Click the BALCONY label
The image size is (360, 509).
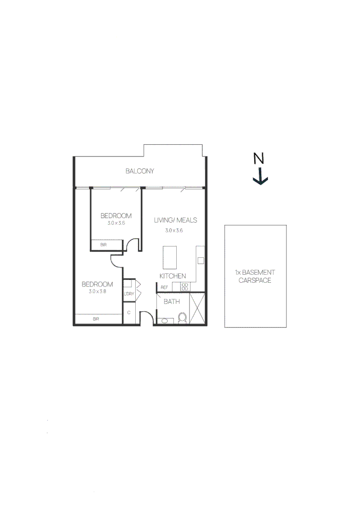coord(139,171)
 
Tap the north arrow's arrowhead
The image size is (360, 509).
coord(260,181)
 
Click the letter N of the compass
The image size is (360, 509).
coord(258,159)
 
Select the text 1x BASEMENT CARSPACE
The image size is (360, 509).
coord(255,276)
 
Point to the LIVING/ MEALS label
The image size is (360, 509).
coord(175,220)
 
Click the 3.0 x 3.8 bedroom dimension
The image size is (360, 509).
coord(97,292)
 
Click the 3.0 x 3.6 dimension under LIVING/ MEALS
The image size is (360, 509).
coord(173,230)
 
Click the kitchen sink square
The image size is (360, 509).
coord(200,261)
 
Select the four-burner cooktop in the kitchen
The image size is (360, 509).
coord(185,287)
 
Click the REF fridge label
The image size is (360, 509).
coord(164,287)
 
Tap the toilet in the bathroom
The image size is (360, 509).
coord(183,318)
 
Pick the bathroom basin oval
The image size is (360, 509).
coord(164,321)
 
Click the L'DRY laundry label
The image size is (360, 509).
coord(129,294)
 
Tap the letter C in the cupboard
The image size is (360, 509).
coord(129,312)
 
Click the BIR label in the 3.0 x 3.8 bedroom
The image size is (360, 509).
coord(96,319)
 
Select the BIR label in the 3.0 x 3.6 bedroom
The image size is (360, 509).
coord(103,245)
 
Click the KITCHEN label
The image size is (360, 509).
coord(172,276)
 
